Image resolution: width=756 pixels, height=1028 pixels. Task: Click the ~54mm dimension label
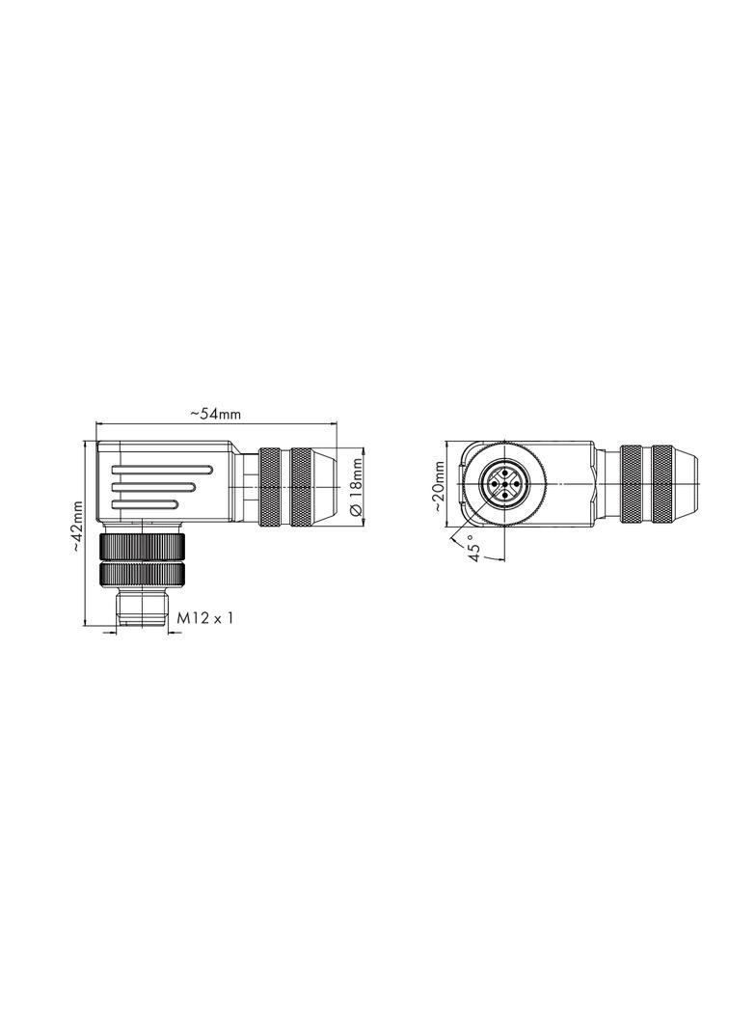coord(214,413)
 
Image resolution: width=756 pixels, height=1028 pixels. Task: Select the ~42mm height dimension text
coord(77,526)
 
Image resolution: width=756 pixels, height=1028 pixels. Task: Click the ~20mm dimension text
coord(439,486)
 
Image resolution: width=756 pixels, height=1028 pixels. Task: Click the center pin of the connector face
coord(503,485)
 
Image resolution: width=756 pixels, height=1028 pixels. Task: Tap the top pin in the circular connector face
coord(503,473)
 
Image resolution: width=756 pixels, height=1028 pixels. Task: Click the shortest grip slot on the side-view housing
coord(145,503)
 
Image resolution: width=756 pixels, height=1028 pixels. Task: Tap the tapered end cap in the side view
coord(323,487)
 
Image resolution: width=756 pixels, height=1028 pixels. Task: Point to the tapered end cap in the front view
coord(684,485)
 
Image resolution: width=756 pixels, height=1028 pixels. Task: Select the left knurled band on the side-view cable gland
coord(271,487)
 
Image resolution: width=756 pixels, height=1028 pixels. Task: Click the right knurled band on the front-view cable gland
coord(662,485)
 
